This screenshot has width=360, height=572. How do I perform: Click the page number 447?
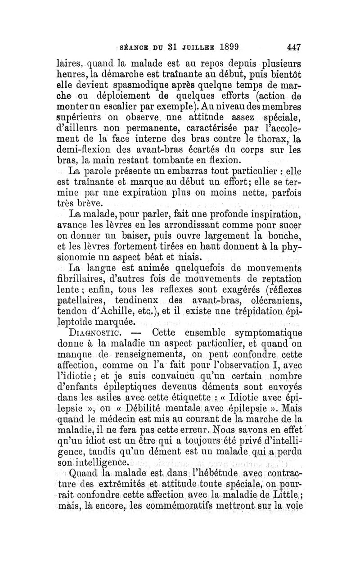[x=293, y=46]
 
